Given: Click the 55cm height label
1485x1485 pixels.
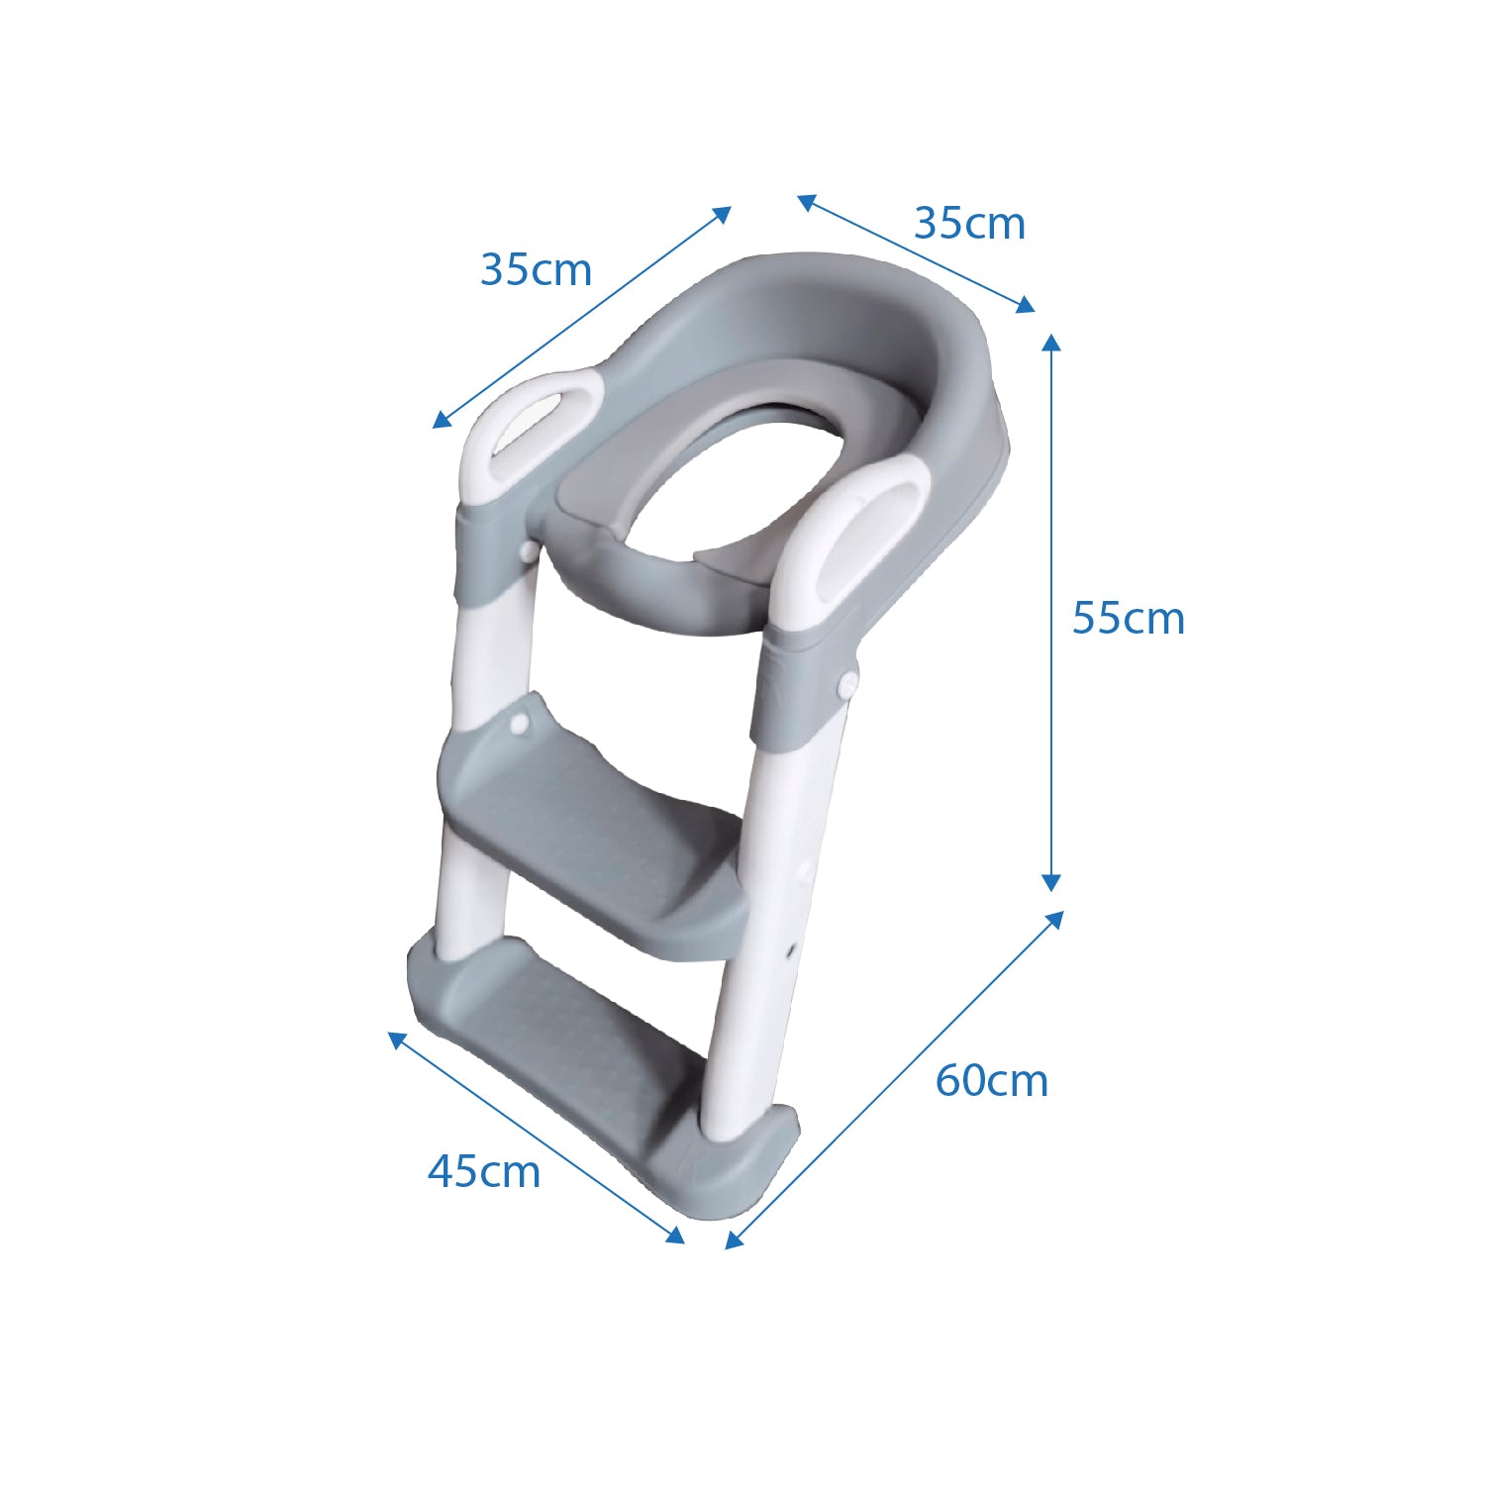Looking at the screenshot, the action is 1128,618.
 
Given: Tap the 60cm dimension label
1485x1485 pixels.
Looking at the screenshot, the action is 991,1079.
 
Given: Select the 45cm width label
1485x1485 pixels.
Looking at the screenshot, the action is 484,1171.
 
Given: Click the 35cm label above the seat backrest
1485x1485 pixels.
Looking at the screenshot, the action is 969,223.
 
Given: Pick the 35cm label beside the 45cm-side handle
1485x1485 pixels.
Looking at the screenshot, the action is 536,269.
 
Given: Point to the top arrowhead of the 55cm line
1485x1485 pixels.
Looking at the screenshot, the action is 1051,343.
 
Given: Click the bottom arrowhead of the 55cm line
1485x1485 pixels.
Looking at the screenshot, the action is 1051,882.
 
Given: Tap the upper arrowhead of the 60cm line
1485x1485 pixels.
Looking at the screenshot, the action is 1055,919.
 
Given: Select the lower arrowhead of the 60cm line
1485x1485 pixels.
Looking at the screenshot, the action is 734,1239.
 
